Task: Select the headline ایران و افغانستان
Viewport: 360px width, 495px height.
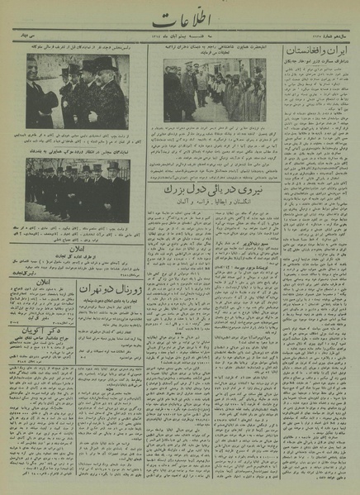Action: pyautogui.click(x=315, y=51)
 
